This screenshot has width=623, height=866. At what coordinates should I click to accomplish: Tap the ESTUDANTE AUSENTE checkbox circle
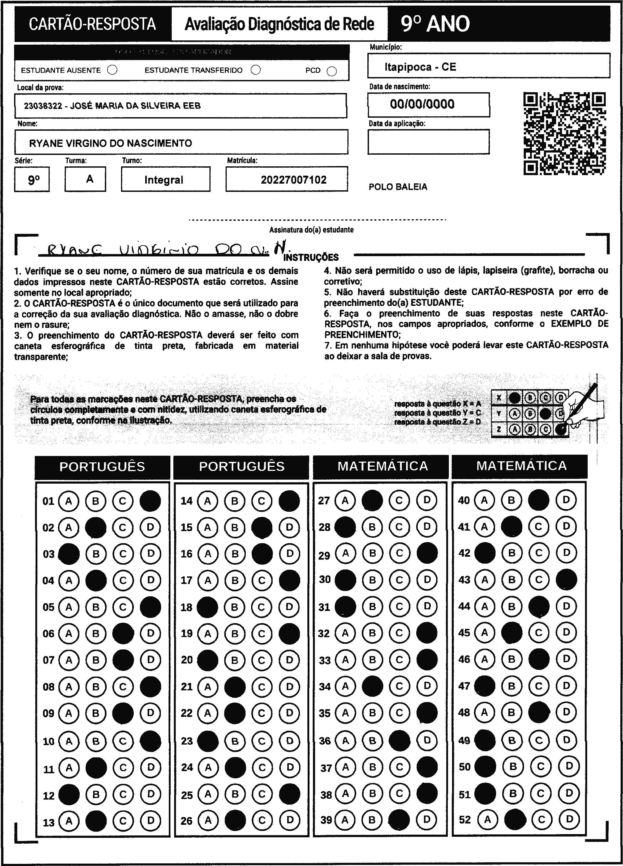[112, 70]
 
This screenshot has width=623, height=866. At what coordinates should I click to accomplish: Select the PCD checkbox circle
[332, 71]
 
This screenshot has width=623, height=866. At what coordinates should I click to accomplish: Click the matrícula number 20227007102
[293, 180]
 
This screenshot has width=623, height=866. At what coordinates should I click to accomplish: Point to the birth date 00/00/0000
[422, 104]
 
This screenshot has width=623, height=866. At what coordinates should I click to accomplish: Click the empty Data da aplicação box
[428, 142]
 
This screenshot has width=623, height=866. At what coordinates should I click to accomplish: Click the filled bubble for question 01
[150, 501]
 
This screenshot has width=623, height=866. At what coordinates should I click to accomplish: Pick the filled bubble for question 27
[372, 500]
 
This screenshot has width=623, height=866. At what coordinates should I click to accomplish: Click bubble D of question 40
[566, 500]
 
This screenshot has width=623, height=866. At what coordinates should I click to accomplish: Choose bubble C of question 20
[262, 660]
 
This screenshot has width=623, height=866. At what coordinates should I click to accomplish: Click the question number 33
[324, 660]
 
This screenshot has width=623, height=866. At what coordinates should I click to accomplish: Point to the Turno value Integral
[164, 180]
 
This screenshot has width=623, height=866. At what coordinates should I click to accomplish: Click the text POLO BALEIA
[398, 187]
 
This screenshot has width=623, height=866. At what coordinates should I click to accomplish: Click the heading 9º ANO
[435, 24]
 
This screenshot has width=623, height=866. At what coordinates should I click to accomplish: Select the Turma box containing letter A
[85, 179]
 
